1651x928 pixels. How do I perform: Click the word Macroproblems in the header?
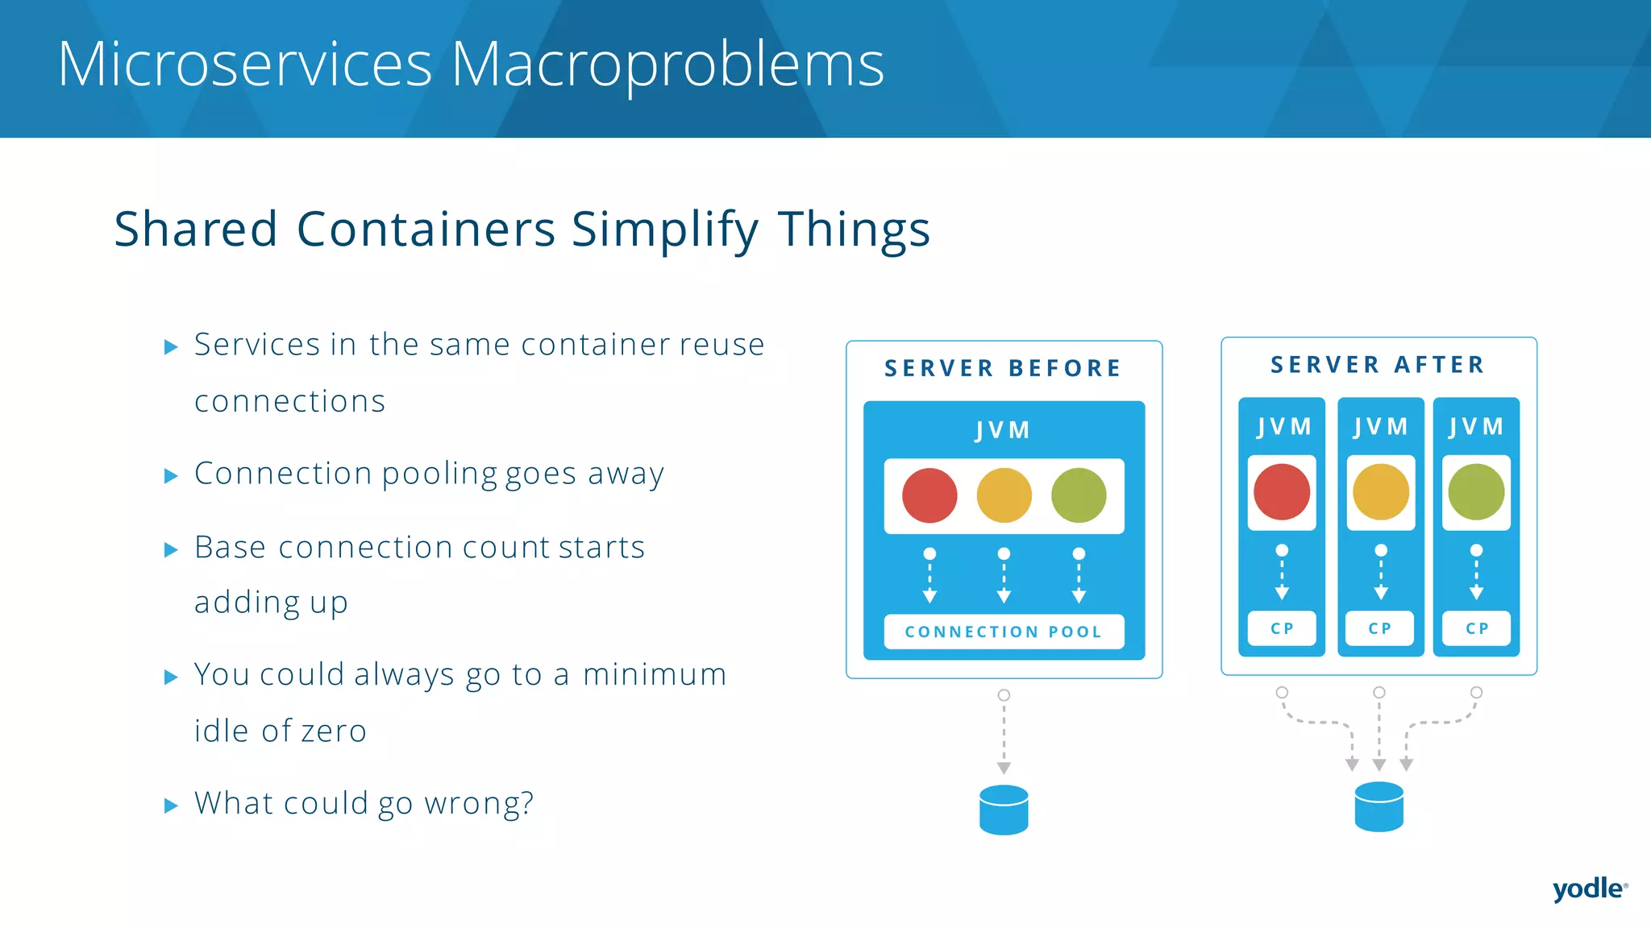(x=667, y=64)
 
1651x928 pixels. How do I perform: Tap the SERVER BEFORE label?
(x=1003, y=369)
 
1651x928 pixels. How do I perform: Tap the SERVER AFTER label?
(x=1378, y=365)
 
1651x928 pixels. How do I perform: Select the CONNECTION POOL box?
(x=1004, y=632)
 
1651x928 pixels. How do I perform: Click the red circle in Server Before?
(x=929, y=495)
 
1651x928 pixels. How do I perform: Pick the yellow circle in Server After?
(x=1380, y=492)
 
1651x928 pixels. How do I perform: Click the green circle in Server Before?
(x=1079, y=495)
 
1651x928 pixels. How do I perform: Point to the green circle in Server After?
(x=1476, y=492)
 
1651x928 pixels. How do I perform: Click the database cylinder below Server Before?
(x=1004, y=810)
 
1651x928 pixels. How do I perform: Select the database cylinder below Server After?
(x=1379, y=806)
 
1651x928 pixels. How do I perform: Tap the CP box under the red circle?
(x=1282, y=628)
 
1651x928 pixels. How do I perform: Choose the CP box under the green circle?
(x=1476, y=628)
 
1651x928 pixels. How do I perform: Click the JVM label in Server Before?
(x=1003, y=430)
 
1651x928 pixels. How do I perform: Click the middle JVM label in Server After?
(x=1380, y=426)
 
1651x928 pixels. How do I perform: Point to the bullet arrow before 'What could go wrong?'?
(x=170, y=806)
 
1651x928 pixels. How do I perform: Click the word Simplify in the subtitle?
(x=664, y=230)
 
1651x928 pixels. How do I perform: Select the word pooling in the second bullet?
(x=439, y=474)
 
